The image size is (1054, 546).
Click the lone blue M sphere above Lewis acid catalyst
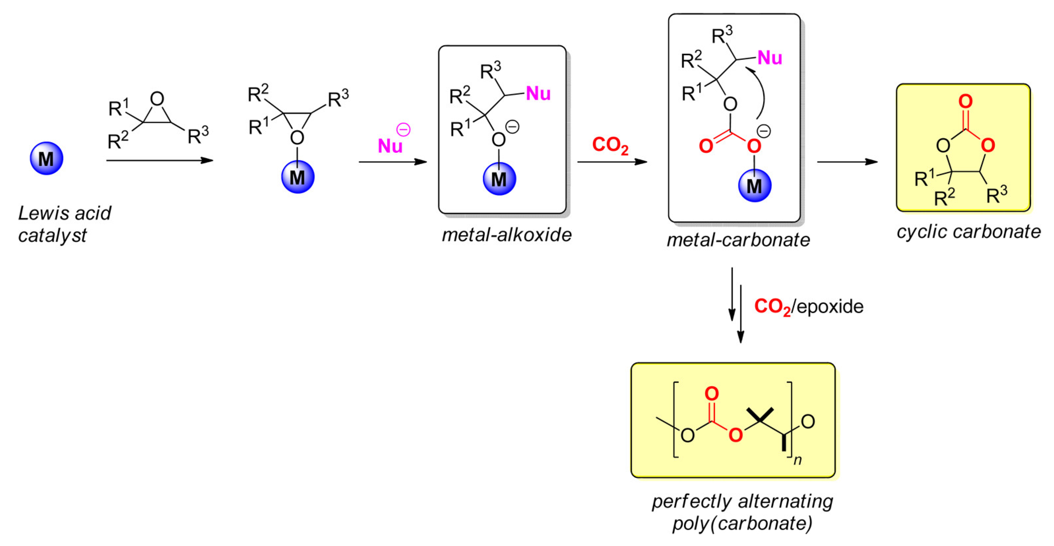47,158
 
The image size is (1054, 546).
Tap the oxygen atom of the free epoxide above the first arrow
157,99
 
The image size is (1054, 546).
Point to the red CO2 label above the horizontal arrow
610,145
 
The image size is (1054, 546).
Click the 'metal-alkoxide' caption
507,235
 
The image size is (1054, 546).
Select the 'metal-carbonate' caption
738,240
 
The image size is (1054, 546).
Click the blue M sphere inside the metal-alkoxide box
499,179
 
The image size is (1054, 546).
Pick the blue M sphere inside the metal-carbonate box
755,186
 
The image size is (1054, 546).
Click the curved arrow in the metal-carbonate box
760,92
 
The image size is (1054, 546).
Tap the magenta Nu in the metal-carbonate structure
770,58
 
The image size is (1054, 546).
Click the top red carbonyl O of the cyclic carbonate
965,101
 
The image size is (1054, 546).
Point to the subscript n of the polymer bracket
798,460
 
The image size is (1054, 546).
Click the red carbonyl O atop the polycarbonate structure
711,394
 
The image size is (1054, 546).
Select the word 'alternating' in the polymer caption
786,501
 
